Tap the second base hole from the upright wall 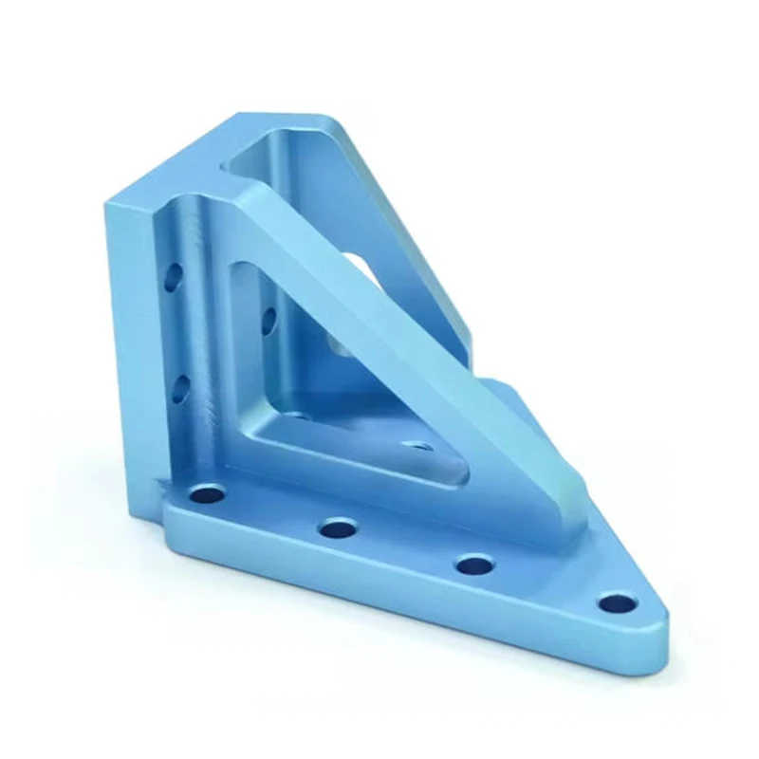coord(337,528)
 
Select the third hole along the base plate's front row coord(473,565)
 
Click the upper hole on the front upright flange coord(173,277)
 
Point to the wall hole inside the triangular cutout coord(268,316)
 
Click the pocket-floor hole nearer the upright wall coord(296,415)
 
